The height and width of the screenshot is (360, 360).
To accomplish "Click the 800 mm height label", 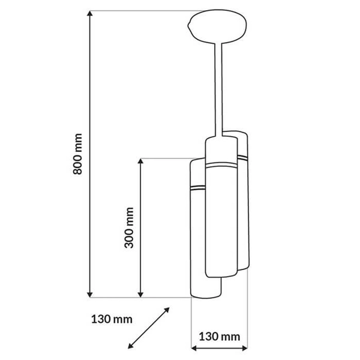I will coord(77,154).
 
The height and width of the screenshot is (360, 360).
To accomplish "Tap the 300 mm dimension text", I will coord(128,228).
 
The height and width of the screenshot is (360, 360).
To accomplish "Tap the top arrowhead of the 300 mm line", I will coord(140,162).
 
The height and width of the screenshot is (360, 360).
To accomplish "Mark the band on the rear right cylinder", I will coord(242,156).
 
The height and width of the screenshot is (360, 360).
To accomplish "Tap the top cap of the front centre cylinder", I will coord(220,143).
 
